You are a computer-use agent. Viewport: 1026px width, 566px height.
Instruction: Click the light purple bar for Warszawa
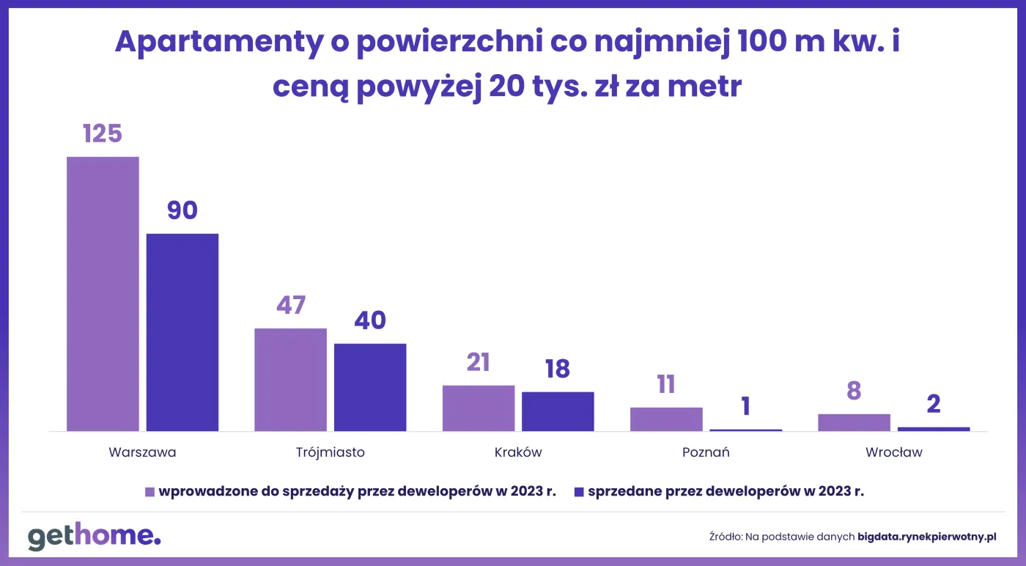click(x=103, y=293)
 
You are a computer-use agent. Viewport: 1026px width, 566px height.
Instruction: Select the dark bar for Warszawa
click(x=182, y=332)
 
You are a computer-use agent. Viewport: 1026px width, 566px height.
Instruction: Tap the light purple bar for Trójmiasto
click(x=290, y=379)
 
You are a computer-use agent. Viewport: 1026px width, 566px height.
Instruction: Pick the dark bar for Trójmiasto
click(x=370, y=387)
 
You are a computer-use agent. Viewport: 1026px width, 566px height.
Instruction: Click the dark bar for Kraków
click(x=558, y=411)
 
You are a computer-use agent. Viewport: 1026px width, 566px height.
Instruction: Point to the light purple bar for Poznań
click(x=666, y=419)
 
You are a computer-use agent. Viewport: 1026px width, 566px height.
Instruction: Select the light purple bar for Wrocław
click(x=854, y=422)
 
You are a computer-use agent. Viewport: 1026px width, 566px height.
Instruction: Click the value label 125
click(x=102, y=133)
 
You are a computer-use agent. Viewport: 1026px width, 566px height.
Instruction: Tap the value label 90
click(x=182, y=210)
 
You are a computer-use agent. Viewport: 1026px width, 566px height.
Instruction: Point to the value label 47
click(x=290, y=305)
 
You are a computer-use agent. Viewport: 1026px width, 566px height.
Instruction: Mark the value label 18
click(x=558, y=369)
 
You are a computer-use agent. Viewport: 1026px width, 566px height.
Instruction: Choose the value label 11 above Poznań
click(x=666, y=384)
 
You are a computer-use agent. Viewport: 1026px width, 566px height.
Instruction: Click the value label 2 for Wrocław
click(x=933, y=404)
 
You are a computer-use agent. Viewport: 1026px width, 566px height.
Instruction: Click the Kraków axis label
click(x=518, y=452)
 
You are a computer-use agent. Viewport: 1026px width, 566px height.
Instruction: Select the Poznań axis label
click(x=706, y=452)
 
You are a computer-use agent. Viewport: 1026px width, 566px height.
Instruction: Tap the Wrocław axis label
click(x=893, y=452)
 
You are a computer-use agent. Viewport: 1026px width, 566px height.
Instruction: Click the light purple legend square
click(x=150, y=492)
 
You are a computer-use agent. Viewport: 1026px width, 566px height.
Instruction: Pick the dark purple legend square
click(x=579, y=492)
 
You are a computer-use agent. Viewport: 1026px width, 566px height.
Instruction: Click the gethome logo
click(x=94, y=536)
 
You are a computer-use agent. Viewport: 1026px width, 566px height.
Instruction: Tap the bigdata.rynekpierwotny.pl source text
click(x=927, y=537)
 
